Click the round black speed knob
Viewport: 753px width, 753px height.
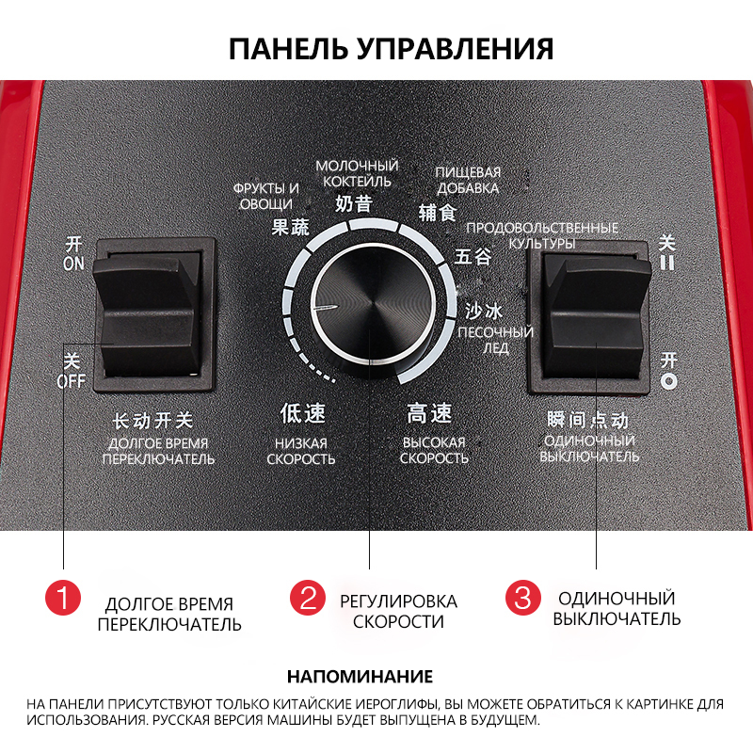pyautogui.click(x=373, y=309)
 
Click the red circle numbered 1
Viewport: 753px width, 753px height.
pyautogui.click(x=63, y=598)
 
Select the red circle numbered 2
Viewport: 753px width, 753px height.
pyautogui.click(x=308, y=598)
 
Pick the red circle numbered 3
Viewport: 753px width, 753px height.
pyautogui.click(x=523, y=598)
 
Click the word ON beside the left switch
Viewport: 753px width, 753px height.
pyautogui.click(x=73, y=264)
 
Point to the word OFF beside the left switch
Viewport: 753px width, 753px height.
pyautogui.click(x=71, y=381)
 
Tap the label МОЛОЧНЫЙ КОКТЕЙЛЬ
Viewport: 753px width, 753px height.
pyautogui.click(x=357, y=174)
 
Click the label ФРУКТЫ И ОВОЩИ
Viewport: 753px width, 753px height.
pyautogui.click(x=266, y=197)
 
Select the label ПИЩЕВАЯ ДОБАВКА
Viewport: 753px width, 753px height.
pyautogui.click(x=468, y=180)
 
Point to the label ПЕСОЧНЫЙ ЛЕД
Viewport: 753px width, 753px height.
pyautogui.click(x=496, y=340)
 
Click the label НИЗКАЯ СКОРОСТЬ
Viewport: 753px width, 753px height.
pyautogui.click(x=301, y=452)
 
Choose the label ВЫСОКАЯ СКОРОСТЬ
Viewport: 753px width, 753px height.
pyautogui.click(x=434, y=451)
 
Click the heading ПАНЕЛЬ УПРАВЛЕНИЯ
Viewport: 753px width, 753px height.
pyautogui.click(x=391, y=49)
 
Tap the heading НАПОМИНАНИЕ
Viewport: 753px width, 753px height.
pyautogui.click(x=360, y=677)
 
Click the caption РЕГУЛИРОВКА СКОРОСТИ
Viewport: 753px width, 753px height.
pyautogui.click(x=398, y=611)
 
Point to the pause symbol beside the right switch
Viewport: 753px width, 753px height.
pyautogui.click(x=667, y=263)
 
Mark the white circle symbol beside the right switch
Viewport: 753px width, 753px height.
pyautogui.click(x=668, y=381)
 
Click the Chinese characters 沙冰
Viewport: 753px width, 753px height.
pyautogui.click(x=483, y=312)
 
